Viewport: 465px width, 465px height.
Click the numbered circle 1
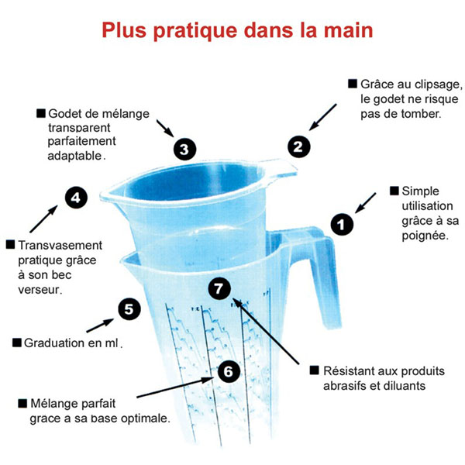[342, 224]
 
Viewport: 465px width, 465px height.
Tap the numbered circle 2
[299, 145]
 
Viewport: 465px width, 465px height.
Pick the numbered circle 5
[129, 309]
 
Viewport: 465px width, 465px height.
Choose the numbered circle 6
[226, 371]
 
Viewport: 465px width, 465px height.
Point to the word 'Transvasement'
[56, 245]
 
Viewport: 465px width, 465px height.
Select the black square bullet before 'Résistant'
[314, 370]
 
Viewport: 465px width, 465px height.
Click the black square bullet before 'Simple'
[394, 190]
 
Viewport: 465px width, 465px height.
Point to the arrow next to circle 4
[45, 219]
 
